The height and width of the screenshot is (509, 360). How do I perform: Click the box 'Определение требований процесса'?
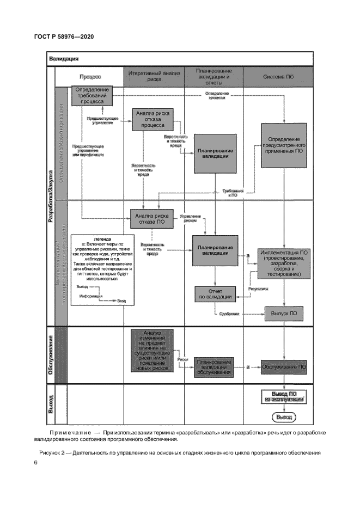point(93,95)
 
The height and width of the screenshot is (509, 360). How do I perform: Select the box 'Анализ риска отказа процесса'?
point(152,119)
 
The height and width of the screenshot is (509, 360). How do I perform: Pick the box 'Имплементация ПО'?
point(285,264)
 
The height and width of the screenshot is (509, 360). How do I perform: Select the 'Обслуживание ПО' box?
point(284,367)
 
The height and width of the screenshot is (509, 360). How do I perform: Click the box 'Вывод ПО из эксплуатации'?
point(283,396)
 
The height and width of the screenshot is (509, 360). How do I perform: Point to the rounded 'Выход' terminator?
point(284,417)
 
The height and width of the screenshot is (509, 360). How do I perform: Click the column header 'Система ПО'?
point(278,77)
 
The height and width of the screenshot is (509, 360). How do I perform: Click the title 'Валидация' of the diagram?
point(64,58)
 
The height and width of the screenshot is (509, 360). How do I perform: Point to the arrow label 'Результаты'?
point(258,289)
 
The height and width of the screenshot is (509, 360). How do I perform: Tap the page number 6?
point(35,463)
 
